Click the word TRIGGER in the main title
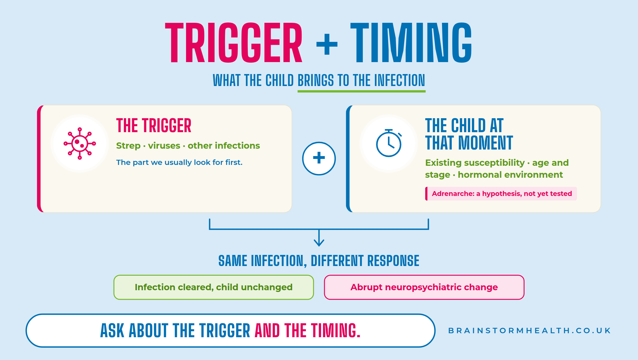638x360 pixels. click(x=234, y=42)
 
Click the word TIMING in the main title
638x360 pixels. click(x=411, y=42)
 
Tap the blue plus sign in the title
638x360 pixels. click(x=327, y=44)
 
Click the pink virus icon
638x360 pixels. click(x=80, y=144)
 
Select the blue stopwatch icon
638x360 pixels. click(x=389, y=143)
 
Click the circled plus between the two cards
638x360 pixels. click(x=319, y=158)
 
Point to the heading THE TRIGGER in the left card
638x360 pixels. click(x=154, y=126)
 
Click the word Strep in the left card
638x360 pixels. click(x=128, y=146)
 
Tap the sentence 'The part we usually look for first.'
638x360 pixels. click(x=179, y=162)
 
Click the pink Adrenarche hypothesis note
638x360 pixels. click(x=501, y=194)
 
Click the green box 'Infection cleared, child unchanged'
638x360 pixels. click(x=214, y=287)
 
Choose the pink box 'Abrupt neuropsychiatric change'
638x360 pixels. click(x=424, y=287)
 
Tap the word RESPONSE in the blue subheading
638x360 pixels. click(x=393, y=261)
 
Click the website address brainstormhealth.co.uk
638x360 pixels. click(x=529, y=331)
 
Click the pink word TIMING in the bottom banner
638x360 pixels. click(x=336, y=331)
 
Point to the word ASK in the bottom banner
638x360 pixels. click(x=112, y=331)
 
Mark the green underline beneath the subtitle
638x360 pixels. click(x=361, y=91)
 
